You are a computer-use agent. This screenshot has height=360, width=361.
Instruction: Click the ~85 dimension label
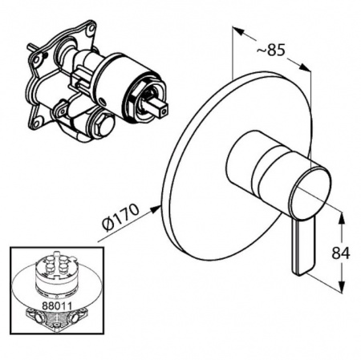point(270,51)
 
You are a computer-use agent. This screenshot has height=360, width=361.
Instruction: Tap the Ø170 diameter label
point(121,217)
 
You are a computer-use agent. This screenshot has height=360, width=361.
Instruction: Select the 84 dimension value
point(341,253)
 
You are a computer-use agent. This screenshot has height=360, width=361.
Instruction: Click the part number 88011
point(56,305)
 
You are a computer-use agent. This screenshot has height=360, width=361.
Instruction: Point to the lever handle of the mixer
point(304,246)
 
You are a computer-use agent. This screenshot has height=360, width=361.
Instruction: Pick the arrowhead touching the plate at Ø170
point(155,208)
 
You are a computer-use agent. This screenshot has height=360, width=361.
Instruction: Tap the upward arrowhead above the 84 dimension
point(342,217)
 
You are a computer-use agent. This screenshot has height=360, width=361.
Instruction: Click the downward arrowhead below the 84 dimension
point(342,286)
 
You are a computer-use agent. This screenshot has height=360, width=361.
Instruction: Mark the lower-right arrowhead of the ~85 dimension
point(305,67)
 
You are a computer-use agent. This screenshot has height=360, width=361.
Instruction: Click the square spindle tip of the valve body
point(162,111)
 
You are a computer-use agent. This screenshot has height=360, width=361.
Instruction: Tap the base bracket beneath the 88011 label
point(56,320)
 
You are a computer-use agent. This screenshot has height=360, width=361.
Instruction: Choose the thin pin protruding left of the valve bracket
point(32,49)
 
